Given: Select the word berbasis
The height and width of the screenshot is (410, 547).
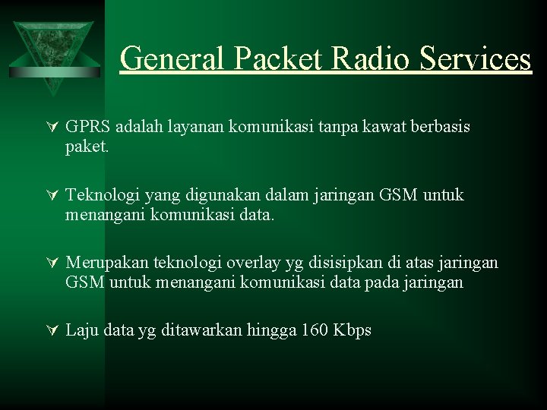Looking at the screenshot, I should tap(441, 127).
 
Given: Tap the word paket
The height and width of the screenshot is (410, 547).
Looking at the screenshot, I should tap(87, 146).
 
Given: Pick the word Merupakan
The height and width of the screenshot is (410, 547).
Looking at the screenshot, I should tap(107, 263).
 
